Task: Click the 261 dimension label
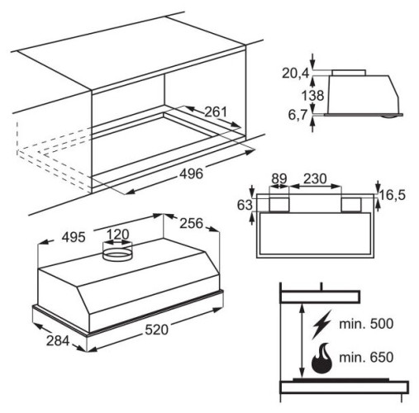216,112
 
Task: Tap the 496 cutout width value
191,174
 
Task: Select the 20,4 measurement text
296,74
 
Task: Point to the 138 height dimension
312,96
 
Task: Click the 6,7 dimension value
298,115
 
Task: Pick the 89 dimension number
279,179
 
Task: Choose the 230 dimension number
315,179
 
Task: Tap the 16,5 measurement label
393,195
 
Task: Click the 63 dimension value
245,205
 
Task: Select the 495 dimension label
74,237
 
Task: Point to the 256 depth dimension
191,223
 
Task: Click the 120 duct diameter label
117,235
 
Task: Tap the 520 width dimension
156,330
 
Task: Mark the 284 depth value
58,341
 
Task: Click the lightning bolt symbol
321,325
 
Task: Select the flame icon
321,358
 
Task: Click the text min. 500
366,324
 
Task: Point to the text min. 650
366,358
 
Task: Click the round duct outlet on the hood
117,251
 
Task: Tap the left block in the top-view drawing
279,205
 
